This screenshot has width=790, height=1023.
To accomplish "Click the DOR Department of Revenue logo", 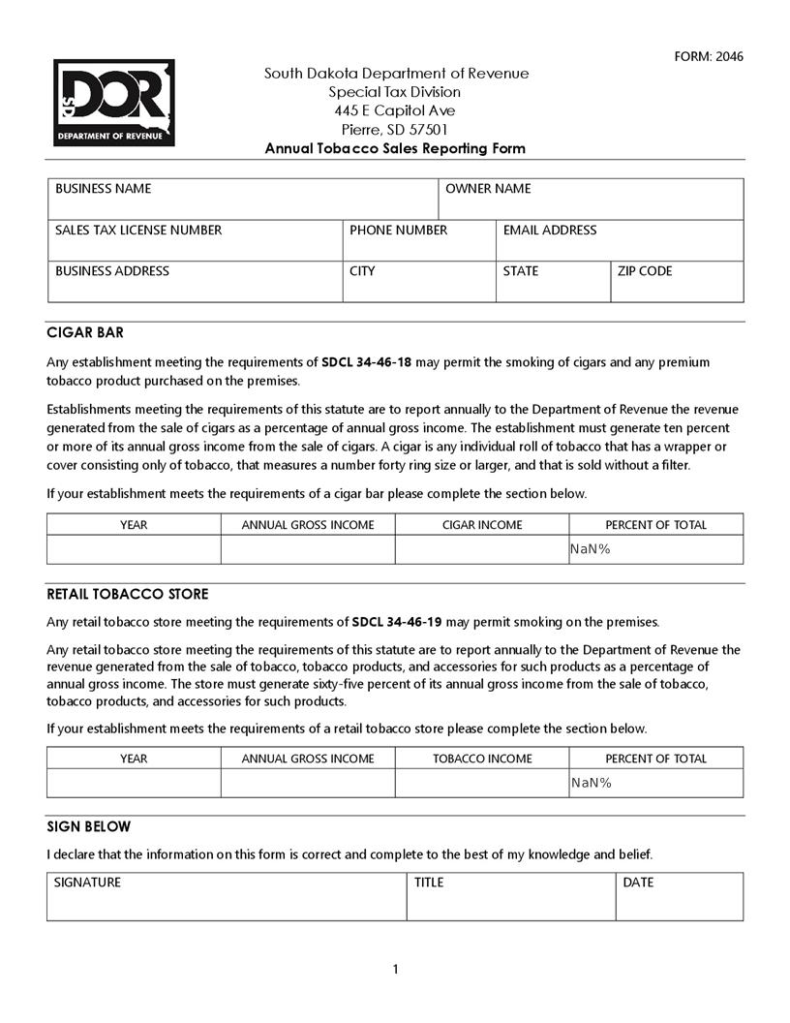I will [x=114, y=103].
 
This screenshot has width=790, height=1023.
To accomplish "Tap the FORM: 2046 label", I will [x=709, y=56].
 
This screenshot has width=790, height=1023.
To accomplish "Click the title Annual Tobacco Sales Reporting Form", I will [x=395, y=148].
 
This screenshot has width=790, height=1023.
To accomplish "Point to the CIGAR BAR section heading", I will [x=85, y=332].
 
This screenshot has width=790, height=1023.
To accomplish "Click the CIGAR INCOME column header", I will [x=481, y=525].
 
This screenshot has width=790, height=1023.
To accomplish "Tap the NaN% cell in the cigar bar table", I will [x=655, y=550].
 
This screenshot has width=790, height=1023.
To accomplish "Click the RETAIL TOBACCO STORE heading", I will [x=128, y=594].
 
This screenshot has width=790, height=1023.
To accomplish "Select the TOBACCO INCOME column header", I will [x=481, y=759].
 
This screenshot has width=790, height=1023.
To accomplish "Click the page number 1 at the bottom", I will [x=395, y=970].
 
